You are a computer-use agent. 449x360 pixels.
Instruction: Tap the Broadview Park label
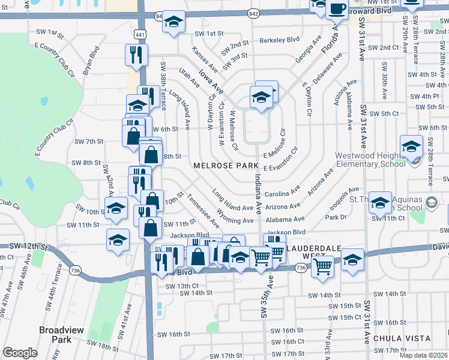pyautogui.click(x=55, y=334)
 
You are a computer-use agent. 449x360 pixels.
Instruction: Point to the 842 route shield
pyautogui.click(x=253, y=13)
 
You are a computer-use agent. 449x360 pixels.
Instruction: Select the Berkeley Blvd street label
pyautogui.click(x=279, y=40)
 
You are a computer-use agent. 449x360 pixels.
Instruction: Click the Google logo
pyautogui.click(x=20, y=353)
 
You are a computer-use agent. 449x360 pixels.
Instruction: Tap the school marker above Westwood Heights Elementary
pyautogui.click(x=412, y=145)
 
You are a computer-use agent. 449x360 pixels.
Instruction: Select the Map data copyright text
pyautogui.click(x=424, y=355)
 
